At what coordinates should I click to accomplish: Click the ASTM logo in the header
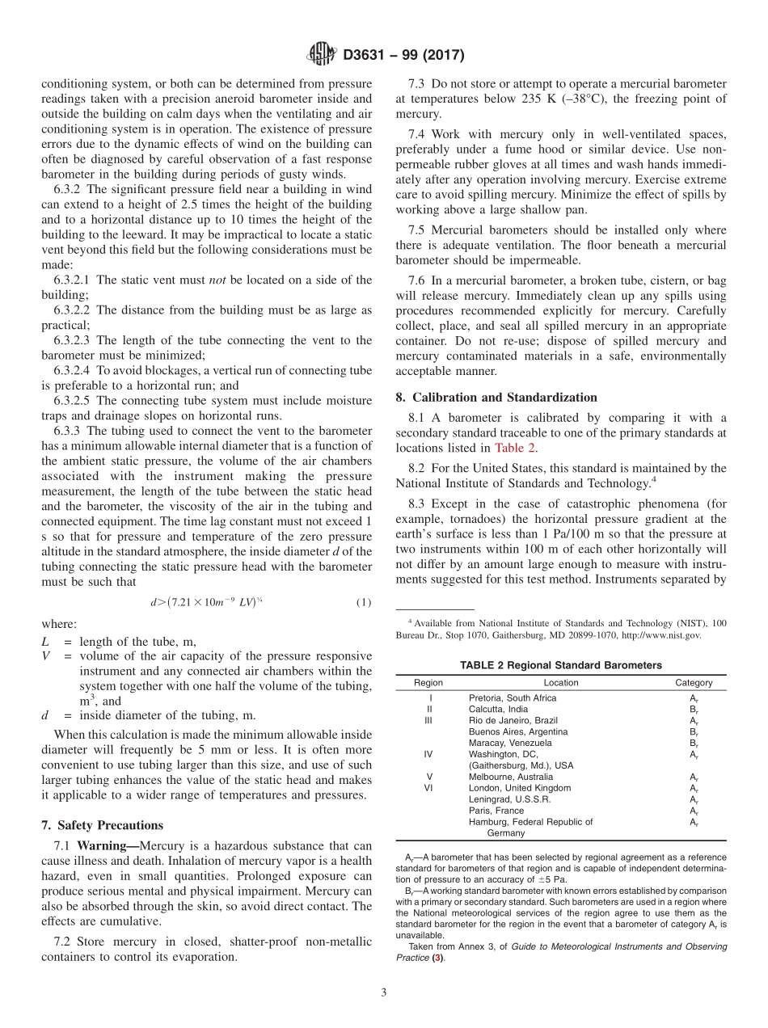[322, 55]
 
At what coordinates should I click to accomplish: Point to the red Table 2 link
[515, 448]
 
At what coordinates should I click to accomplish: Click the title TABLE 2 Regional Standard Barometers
[560, 665]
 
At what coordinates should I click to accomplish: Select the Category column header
[694, 683]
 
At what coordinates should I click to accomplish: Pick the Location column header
[560, 683]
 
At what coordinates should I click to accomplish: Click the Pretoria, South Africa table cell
[513, 697]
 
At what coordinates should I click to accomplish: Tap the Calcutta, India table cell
[498, 709]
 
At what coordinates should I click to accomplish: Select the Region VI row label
[428, 788]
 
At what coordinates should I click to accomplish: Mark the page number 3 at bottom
[384, 992]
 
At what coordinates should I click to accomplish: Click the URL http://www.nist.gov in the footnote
[665, 635]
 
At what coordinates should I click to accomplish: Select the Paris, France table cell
[496, 811]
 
